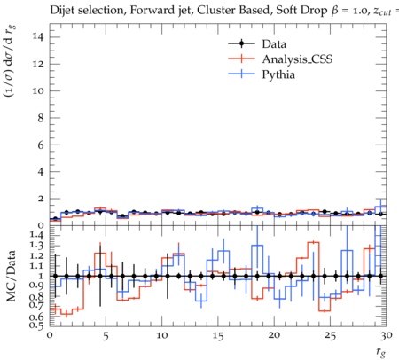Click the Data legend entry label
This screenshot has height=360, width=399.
(274, 44)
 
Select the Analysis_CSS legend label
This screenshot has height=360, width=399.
(297, 59)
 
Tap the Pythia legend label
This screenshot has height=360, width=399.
(278, 74)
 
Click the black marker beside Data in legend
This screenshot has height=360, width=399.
(241, 43)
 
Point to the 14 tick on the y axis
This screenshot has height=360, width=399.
(39, 37)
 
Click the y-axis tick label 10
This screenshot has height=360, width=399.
(39, 90)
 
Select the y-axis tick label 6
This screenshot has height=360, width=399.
(42, 145)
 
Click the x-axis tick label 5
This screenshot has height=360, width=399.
(106, 336)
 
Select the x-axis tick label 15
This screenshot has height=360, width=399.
(218, 336)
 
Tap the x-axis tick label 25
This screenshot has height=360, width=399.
(330, 336)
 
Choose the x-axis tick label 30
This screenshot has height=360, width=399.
(387, 335)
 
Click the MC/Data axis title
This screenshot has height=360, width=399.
(12, 276)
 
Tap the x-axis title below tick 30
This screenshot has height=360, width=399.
(381, 352)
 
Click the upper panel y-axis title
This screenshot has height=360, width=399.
(10, 61)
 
